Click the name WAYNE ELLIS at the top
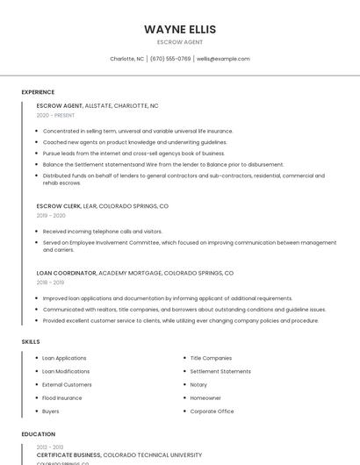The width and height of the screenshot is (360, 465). tap(179, 29)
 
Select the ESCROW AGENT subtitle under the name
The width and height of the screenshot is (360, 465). tap(179, 42)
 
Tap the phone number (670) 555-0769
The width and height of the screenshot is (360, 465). tap(170, 59)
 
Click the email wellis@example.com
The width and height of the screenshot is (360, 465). tap(223, 59)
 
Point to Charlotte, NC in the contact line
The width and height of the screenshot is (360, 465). tap(126, 59)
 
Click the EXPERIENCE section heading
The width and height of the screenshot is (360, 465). tap(38, 92)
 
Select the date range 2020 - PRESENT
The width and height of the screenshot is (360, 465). tap(55, 115)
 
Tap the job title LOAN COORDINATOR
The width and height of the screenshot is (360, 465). tap(67, 273)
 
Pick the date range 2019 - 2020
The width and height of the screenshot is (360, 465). tap(51, 216)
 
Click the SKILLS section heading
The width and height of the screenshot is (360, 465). tap(31, 341)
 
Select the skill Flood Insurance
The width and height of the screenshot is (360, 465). tap(62, 397)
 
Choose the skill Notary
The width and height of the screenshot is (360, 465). tap(198, 384)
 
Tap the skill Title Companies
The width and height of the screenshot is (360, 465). tap(211, 358)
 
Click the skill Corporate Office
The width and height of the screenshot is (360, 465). tap(212, 411)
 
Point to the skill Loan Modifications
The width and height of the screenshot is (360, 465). tap(66, 371)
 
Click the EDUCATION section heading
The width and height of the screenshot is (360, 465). tap(38, 434)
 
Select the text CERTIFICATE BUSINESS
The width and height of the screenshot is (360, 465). tap(69, 455)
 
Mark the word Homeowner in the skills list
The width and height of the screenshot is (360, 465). tap(205, 397)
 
